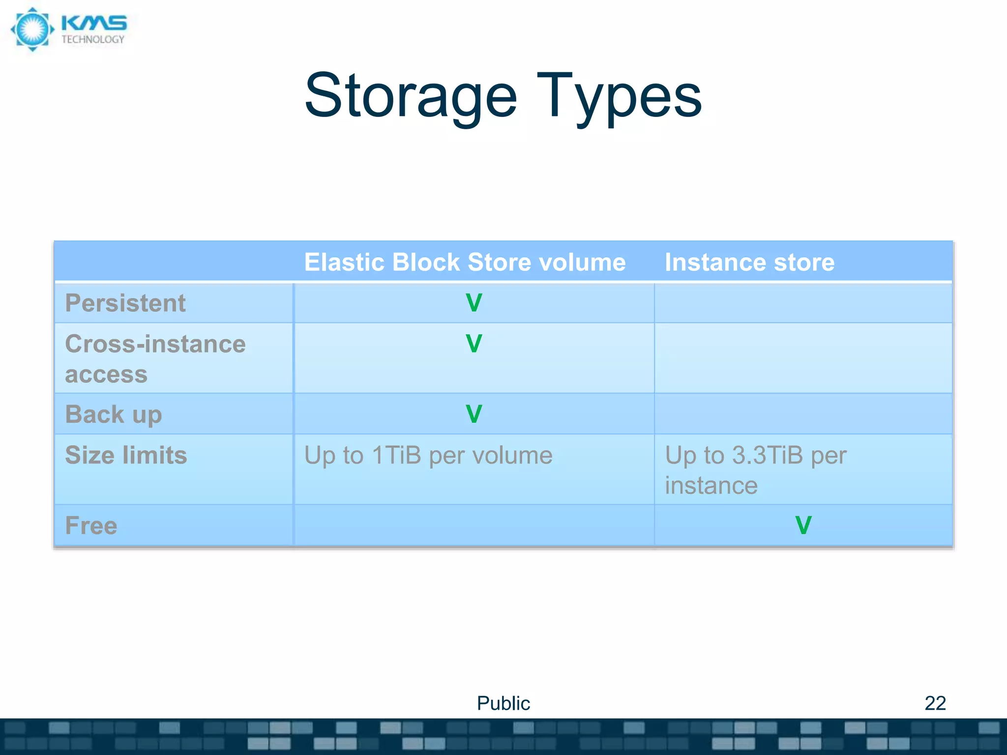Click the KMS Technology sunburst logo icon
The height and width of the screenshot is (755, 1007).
(32, 29)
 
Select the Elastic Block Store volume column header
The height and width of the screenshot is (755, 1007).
(465, 262)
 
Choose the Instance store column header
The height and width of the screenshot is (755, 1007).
(749, 262)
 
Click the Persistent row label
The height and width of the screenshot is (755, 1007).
(125, 303)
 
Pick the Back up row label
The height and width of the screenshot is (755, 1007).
(114, 414)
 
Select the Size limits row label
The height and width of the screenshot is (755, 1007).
(126, 455)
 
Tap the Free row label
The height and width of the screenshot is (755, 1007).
(91, 525)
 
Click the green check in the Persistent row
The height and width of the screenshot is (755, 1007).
(474, 303)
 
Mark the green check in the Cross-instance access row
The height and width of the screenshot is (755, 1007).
(474, 344)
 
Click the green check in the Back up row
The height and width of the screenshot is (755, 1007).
(474, 414)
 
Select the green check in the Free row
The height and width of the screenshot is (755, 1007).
(803, 525)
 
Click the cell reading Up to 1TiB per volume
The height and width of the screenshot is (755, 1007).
(428, 455)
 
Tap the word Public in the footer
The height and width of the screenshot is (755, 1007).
(503, 703)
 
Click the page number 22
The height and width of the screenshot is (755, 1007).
(935, 703)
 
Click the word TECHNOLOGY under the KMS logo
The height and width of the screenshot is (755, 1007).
(93, 40)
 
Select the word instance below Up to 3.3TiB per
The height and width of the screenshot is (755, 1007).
(711, 486)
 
